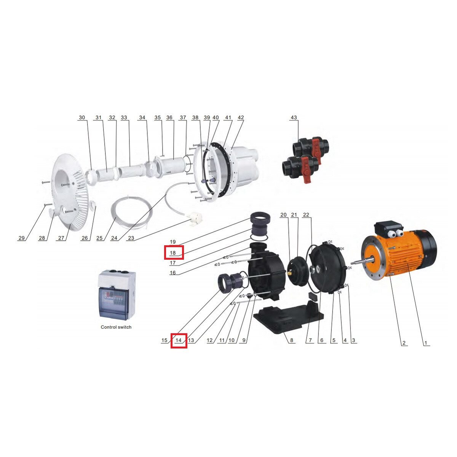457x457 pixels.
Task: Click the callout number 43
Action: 294,117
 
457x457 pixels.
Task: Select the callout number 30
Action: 82,117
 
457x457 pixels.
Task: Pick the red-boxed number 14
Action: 178,340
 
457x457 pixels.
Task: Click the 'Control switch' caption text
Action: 116,327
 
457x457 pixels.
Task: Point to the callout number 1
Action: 426,343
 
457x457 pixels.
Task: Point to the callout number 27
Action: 61,238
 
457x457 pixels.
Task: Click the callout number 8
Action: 291,340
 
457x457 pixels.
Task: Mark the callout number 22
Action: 306,215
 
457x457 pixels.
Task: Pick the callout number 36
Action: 169,117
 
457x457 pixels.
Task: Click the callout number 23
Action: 131,238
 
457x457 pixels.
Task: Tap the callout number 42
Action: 241,117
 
